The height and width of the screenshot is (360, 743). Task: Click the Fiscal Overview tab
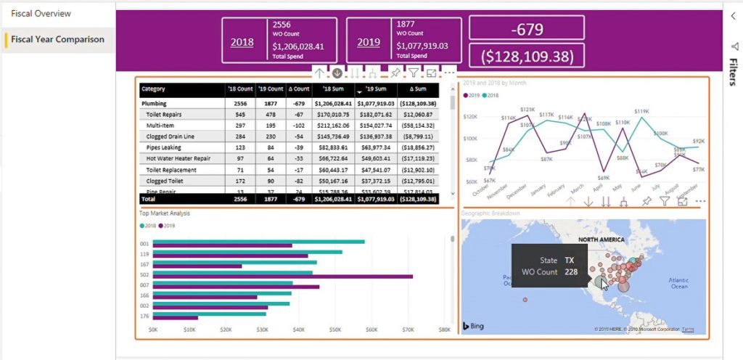click(x=41, y=14)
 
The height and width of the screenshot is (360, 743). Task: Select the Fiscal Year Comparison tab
click(x=57, y=39)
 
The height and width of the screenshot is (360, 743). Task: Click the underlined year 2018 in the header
click(x=242, y=42)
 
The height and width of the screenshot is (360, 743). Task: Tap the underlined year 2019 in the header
click(x=369, y=42)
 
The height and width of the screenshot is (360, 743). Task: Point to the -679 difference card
click(x=527, y=29)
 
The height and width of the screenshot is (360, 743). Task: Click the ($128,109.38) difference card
click(x=527, y=56)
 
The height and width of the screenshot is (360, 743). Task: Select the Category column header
click(x=154, y=89)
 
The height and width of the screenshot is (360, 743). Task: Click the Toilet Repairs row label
click(x=163, y=115)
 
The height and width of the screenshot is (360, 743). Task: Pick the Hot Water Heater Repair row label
click(x=178, y=158)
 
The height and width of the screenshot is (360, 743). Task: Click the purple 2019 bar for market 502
click(x=283, y=277)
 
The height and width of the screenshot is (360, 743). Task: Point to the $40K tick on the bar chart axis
click(x=299, y=330)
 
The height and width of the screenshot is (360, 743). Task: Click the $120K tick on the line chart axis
click(x=469, y=116)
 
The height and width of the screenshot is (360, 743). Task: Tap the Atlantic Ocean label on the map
click(x=678, y=283)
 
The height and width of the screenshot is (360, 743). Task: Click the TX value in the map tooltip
click(x=570, y=260)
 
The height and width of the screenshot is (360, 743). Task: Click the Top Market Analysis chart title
click(x=165, y=213)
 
